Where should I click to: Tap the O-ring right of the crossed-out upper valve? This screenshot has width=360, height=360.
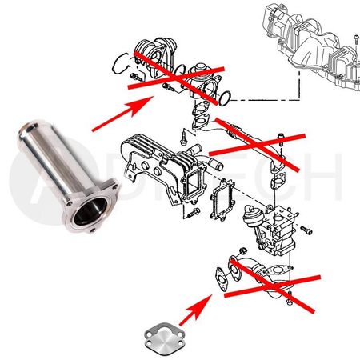click(x=229, y=98)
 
